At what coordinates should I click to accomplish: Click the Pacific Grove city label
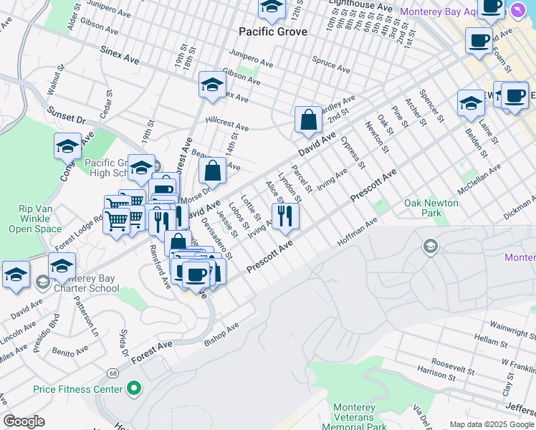272,32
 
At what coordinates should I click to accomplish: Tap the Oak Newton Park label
431,208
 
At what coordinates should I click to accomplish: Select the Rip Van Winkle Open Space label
34,219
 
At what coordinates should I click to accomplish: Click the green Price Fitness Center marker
133,389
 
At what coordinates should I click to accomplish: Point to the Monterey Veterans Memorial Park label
354,417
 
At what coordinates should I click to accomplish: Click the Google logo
24,421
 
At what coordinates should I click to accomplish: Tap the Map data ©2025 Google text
491,424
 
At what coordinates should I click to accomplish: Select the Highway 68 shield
113,373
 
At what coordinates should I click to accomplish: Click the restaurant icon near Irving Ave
285,216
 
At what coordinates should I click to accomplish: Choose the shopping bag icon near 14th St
213,171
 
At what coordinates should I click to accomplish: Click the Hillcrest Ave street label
226,124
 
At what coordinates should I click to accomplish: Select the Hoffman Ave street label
357,234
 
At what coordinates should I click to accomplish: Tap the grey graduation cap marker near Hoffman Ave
430,247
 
